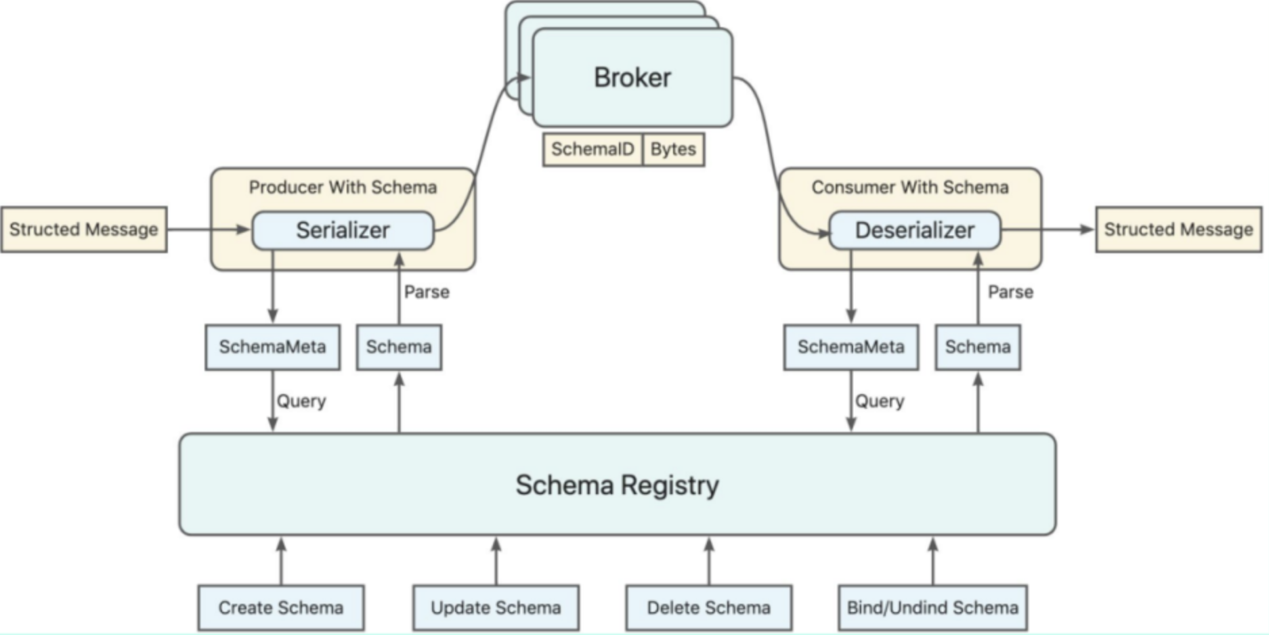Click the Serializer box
[x=343, y=230]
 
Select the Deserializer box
[x=914, y=230]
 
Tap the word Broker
[x=632, y=77]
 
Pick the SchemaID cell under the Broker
[x=593, y=149]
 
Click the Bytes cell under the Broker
[x=673, y=149]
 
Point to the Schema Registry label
[x=617, y=485]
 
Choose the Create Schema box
[x=280, y=607]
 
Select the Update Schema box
[x=496, y=607]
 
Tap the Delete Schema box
[x=708, y=607]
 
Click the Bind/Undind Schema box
[x=932, y=607]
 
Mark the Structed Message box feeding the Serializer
[x=84, y=229]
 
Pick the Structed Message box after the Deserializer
[x=1178, y=229]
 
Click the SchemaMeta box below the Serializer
[x=272, y=347]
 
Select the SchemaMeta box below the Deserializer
[x=851, y=347]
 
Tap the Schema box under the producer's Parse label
[x=399, y=347]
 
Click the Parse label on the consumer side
[x=1010, y=292]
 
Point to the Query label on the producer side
[x=301, y=401]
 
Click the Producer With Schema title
[x=343, y=187]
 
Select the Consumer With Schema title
[x=910, y=187]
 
